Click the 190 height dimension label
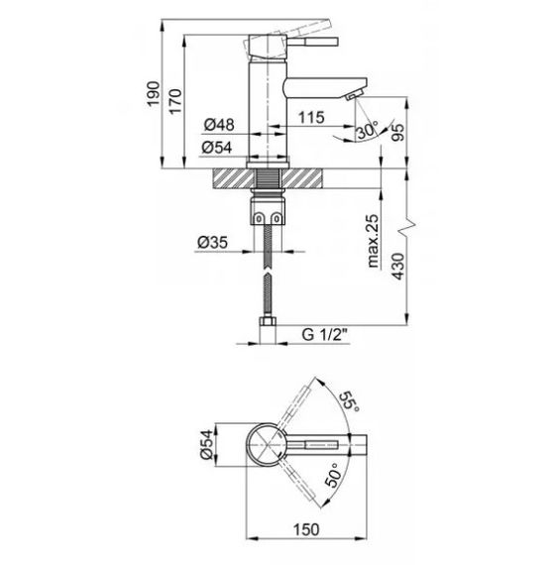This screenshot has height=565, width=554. [153, 94]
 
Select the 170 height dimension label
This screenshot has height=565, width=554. [175, 102]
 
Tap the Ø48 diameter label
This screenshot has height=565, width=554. [219, 125]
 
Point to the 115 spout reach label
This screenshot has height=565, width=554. [311, 117]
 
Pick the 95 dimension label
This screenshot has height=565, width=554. [398, 133]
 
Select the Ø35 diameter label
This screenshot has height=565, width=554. [212, 242]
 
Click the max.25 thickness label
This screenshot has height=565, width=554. [374, 241]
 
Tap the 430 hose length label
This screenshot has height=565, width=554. [398, 267]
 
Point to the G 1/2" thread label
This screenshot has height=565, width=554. [324, 335]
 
